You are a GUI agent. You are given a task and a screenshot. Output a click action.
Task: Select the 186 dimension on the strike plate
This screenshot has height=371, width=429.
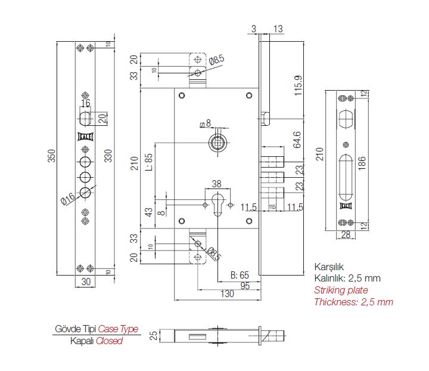click(x=362, y=162)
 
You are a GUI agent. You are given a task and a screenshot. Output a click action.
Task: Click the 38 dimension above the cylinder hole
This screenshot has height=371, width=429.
click(x=216, y=184)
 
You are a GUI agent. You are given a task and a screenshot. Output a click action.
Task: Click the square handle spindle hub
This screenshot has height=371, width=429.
click(x=216, y=142)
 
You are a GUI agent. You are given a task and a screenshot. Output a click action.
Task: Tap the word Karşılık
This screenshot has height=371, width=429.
click(x=330, y=267)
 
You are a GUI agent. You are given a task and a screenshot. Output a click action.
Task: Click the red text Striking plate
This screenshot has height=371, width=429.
click(x=341, y=290)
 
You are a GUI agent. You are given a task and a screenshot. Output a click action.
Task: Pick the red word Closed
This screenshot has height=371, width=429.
click(x=109, y=341)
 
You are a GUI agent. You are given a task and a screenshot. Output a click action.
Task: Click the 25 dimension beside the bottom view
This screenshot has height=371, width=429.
click(x=153, y=335)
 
